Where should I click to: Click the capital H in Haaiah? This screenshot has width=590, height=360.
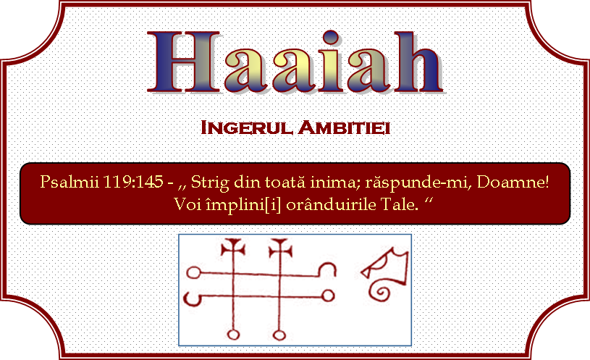click(184, 62)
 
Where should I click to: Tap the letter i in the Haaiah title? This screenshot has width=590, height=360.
click(330, 62)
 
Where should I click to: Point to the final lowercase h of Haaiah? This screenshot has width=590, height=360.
click(418, 62)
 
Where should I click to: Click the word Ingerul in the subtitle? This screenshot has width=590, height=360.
click(246, 127)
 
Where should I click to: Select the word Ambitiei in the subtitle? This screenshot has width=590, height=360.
click(344, 127)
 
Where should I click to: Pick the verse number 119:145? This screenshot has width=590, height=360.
click(132, 182)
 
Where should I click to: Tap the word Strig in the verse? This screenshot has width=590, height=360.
click(210, 183)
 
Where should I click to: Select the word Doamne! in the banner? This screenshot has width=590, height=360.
click(513, 182)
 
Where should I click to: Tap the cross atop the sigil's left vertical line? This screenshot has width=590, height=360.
click(233, 247)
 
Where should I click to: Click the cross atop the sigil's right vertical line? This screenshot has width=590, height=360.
click(281, 248)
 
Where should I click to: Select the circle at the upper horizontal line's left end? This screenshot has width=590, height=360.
click(194, 272)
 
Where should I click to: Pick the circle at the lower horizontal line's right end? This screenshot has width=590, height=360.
click(328, 296)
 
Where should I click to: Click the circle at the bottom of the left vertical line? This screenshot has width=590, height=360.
click(233, 335)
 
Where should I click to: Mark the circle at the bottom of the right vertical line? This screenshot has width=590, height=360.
click(279, 335)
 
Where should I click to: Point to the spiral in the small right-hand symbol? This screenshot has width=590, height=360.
click(379, 291)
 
